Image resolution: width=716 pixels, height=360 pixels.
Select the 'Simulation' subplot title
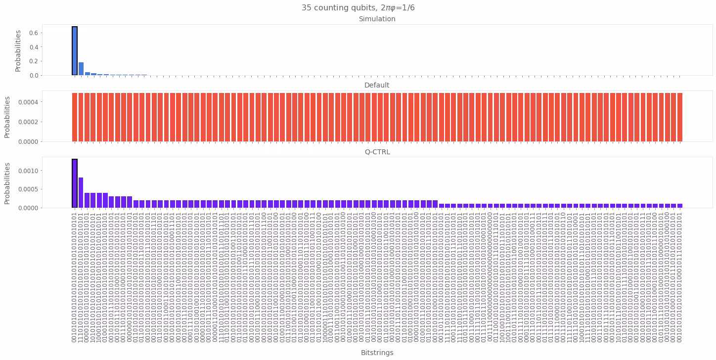[377, 19]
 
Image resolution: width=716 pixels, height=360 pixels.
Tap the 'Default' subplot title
[377, 86]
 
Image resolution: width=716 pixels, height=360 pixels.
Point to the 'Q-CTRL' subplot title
[377, 152]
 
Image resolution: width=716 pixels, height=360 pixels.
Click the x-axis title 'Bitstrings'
[377, 353]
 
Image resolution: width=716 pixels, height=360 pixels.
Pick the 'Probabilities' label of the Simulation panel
[18, 50]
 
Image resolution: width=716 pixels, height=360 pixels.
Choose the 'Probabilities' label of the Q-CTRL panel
[7, 183]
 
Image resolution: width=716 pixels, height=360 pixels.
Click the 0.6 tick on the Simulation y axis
[33, 33]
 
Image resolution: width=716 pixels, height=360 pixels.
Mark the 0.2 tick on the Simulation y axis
[33, 61]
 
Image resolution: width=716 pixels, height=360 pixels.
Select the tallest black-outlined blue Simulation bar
[75, 51]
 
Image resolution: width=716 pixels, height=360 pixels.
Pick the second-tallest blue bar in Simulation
[81, 69]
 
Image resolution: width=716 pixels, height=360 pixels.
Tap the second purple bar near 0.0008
[81, 193]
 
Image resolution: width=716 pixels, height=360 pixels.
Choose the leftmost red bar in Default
[75, 117]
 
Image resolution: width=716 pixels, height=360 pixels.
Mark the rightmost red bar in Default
[680, 117]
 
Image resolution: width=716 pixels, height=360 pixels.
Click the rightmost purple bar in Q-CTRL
[680, 206]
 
